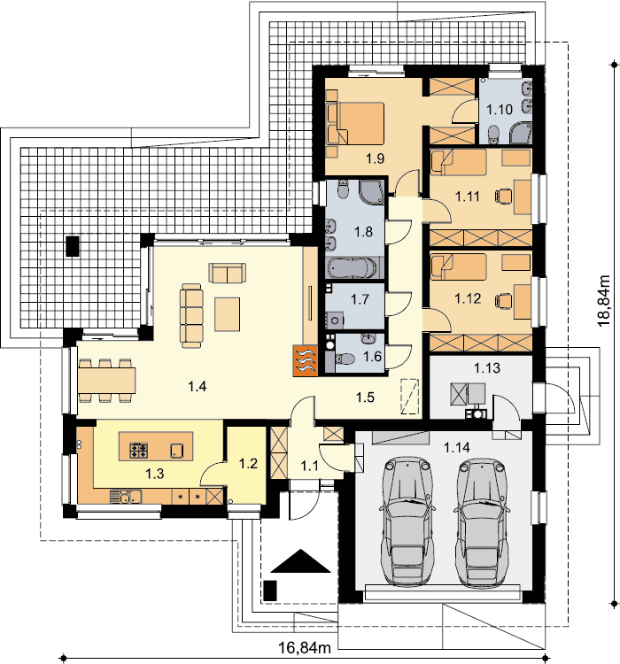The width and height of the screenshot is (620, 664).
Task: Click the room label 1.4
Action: (197, 386)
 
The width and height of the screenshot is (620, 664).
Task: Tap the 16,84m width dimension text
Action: (305, 647)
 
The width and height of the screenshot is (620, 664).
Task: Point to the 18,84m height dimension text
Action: (603, 301)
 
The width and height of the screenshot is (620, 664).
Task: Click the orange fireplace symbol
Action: (305, 361)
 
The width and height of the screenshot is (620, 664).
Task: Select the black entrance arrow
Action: (300, 560)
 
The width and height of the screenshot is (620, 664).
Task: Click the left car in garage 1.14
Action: (407, 521)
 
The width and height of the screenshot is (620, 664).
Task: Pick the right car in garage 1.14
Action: (482, 522)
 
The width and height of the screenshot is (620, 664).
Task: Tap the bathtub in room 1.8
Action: (352, 268)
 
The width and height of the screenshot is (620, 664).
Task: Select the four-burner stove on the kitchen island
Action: (138, 450)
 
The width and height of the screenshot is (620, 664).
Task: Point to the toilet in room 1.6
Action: (345, 359)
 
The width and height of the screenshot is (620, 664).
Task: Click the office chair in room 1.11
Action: (503, 196)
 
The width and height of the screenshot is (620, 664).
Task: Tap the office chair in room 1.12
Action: (503, 300)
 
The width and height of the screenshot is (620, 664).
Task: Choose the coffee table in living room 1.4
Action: (227, 313)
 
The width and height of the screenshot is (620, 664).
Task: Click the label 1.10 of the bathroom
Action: (500, 109)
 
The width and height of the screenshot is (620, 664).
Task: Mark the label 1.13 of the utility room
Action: (487, 367)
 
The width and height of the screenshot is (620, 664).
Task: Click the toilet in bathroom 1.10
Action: (494, 134)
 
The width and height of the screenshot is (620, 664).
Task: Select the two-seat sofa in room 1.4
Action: (228, 273)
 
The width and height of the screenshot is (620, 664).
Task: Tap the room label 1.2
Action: (248, 463)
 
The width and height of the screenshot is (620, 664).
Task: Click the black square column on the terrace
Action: (73, 246)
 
